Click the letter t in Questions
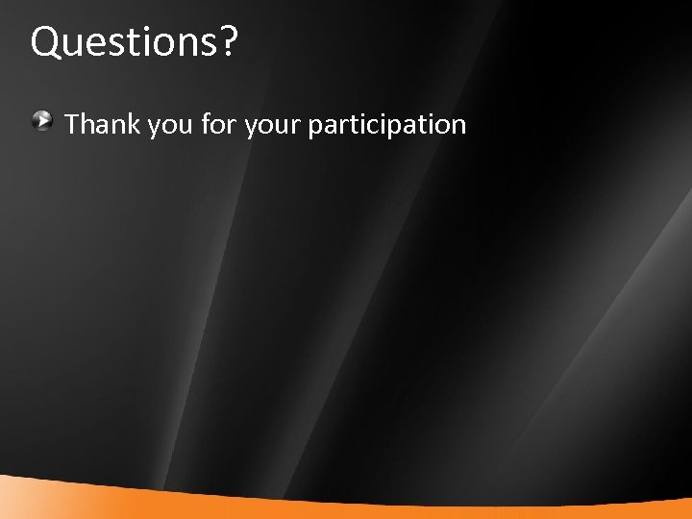click(x=123, y=43)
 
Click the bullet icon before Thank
click(x=41, y=122)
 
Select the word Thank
click(x=102, y=124)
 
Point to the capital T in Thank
click(x=72, y=124)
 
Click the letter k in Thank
click(x=134, y=124)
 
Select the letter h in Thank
click(x=87, y=124)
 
